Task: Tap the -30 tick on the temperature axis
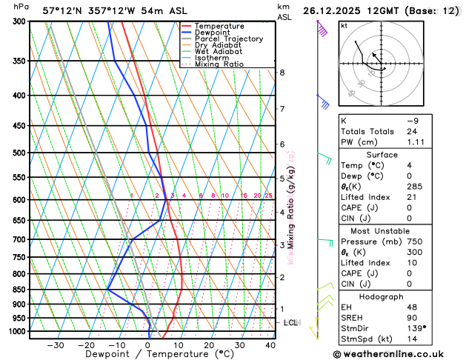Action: (56, 344)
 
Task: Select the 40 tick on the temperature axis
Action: (270, 344)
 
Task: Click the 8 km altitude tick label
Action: (282, 73)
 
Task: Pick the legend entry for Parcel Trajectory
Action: (227, 39)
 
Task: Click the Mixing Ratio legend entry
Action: (219, 64)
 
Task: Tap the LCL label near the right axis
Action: (290, 323)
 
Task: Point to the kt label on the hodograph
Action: (344, 26)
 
